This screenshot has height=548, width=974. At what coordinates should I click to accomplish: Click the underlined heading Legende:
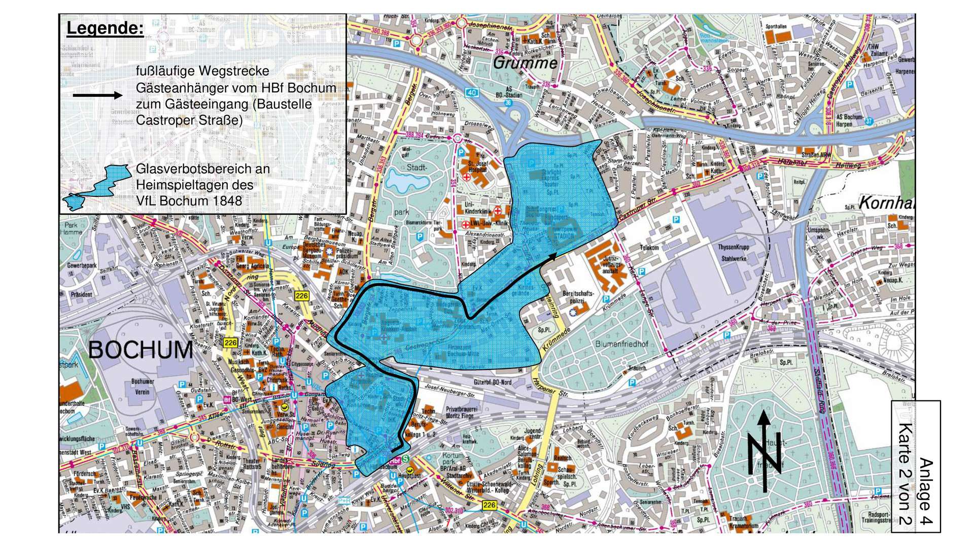click(x=105, y=29)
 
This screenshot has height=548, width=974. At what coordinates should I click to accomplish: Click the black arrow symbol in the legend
click(x=97, y=95)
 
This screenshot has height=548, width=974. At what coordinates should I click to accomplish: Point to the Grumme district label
click(x=525, y=64)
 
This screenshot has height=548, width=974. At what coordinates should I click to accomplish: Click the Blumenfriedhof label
click(x=621, y=344)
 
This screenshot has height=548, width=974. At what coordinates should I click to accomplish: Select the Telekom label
click(x=649, y=248)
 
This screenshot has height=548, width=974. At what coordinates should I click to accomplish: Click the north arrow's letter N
click(x=764, y=454)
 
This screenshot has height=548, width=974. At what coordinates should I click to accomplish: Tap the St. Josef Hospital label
click(x=477, y=167)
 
